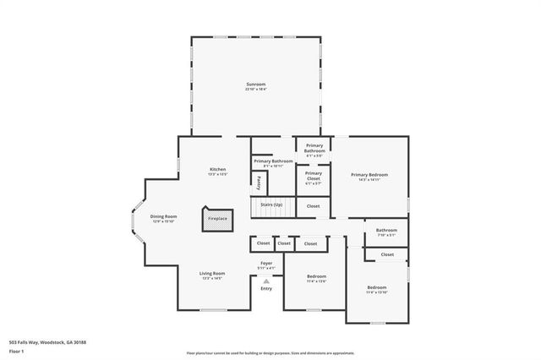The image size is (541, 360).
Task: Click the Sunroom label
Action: coord(255,85)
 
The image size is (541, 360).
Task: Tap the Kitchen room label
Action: coord(218,171)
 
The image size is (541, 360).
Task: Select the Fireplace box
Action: coord(217,220)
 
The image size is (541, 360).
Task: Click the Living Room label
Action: coord(211,275)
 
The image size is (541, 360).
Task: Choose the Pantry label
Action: coord(259,182)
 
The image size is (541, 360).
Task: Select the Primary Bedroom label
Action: coord(369,177)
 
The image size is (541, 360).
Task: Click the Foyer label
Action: coord(266,265)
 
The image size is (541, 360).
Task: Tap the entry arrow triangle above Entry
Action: coord(266,281)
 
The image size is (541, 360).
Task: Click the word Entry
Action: coord(266,288)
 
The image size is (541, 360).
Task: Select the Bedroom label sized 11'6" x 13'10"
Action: coord(376,290)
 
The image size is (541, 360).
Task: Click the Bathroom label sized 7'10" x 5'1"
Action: coord(386,232)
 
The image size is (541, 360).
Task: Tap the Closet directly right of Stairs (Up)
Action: coord(313,205)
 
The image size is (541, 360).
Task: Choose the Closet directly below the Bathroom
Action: coord(386,254)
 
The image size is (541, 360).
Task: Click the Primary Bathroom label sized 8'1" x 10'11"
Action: coord(273,162)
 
